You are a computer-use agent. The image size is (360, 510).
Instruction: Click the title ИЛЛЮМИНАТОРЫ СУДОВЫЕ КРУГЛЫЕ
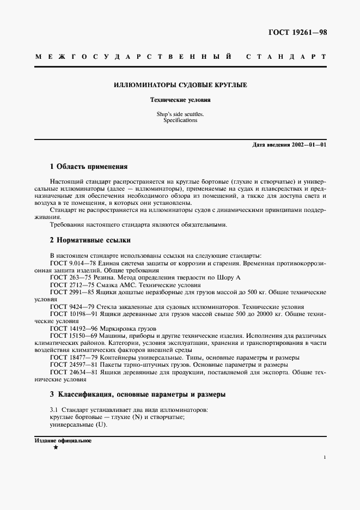(180, 86)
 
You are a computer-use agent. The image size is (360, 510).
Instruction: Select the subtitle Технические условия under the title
(180, 100)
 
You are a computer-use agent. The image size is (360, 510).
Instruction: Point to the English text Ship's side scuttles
(180, 114)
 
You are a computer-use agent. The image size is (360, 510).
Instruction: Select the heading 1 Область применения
(88, 166)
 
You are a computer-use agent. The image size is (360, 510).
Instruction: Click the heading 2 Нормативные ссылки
(90, 240)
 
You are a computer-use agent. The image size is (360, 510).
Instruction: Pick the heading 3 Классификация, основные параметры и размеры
(137, 394)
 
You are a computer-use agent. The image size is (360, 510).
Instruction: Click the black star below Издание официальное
(56, 447)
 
